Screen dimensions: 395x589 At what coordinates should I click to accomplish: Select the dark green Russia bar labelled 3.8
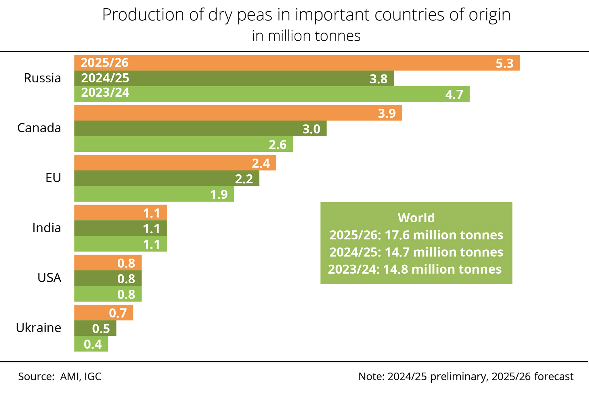[x=234, y=78]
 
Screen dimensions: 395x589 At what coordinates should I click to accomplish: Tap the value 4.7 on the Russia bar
[x=454, y=95]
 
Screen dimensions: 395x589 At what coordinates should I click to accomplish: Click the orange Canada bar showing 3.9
[x=238, y=113]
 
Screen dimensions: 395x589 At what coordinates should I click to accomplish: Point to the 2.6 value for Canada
[x=278, y=145]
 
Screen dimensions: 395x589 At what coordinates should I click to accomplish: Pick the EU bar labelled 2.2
[x=167, y=178]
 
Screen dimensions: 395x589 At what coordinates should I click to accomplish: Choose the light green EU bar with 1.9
[x=154, y=194]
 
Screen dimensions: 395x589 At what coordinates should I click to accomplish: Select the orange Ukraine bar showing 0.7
[x=104, y=312]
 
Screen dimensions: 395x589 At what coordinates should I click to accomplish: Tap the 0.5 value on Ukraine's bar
[x=101, y=329]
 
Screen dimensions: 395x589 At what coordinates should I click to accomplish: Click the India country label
[x=47, y=228]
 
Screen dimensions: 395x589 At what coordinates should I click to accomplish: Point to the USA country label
[x=49, y=278]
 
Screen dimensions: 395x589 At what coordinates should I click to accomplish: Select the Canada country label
[x=39, y=128]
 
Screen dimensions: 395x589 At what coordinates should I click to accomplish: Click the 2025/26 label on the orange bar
[x=105, y=63]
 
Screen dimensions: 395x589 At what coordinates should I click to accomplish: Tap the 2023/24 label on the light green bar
[x=105, y=93]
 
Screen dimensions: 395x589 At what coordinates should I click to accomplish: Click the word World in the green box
[x=416, y=218]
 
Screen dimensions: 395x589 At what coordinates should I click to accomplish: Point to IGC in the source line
[x=93, y=377]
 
